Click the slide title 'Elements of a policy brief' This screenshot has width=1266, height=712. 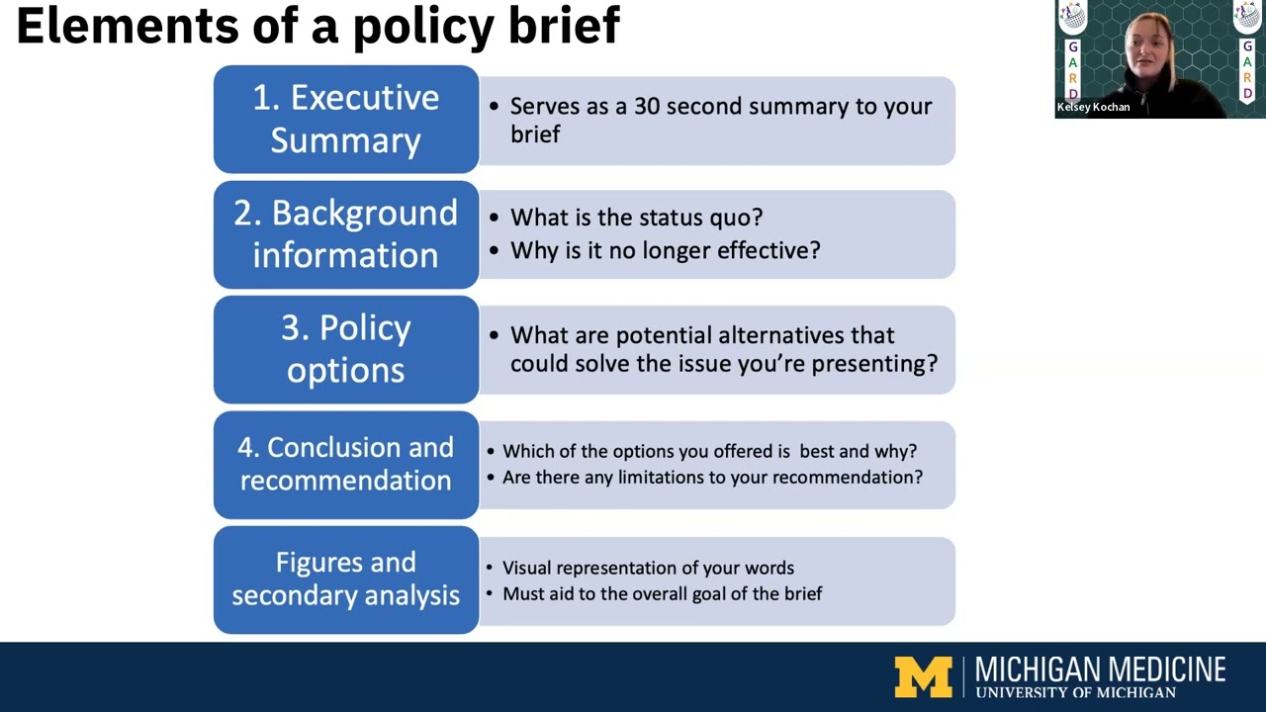coord(317,27)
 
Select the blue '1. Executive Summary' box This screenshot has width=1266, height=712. coord(345,119)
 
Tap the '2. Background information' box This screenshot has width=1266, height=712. coord(345,234)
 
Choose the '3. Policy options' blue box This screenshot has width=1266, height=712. coord(345,349)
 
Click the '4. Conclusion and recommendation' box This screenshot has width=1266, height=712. coord(345,464)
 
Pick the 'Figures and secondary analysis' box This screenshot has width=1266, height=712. coord(345,579)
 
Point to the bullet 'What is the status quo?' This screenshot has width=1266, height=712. coord(636,218)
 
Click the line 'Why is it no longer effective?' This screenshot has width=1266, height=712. coord(665,250)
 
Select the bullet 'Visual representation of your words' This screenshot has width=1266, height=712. coord(648,568)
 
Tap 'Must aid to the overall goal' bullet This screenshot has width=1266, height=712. coord(662,593)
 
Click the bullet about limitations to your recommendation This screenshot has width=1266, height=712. coord(712,478)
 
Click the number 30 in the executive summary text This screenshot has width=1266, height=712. coord(647,107)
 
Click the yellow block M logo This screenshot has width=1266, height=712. coord(923,677)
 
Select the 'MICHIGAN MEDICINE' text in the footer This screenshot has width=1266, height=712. coord(1100,669)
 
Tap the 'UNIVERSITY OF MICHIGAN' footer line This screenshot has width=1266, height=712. coord(1075,693)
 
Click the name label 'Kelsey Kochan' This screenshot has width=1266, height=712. coord(1093,107)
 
